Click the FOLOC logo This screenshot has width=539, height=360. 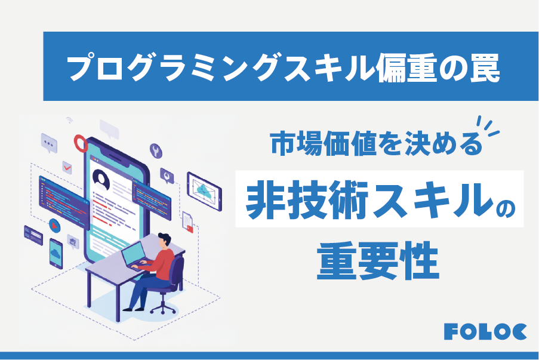point(485,332)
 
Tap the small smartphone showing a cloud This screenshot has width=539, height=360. point(56,254)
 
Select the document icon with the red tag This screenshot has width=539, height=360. point(188,221)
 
